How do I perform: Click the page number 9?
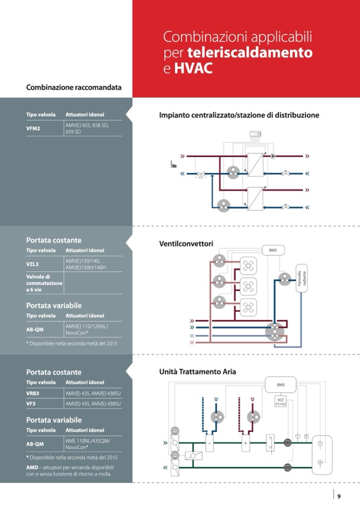[x=339, y=496]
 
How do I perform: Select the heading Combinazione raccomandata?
[x=74, y=87]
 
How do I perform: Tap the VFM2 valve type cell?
[x=33, y=128]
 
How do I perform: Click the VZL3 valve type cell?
[x=33, y=264]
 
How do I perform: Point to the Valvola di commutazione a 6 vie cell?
[x=44, y=283]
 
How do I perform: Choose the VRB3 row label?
[x=33, y=393]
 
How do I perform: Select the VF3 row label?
[x=31, y=404]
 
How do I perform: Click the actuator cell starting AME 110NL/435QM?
[x=88, y=444]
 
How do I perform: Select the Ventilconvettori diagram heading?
[x=186, y=244]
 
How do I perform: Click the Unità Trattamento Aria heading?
[x=198, y=372]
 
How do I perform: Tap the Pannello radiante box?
[x=302, y=277]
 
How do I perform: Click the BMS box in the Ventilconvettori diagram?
[x=273, y=250]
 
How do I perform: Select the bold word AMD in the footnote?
[x=32, y=467]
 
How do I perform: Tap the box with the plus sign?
[x=245, y=442]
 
